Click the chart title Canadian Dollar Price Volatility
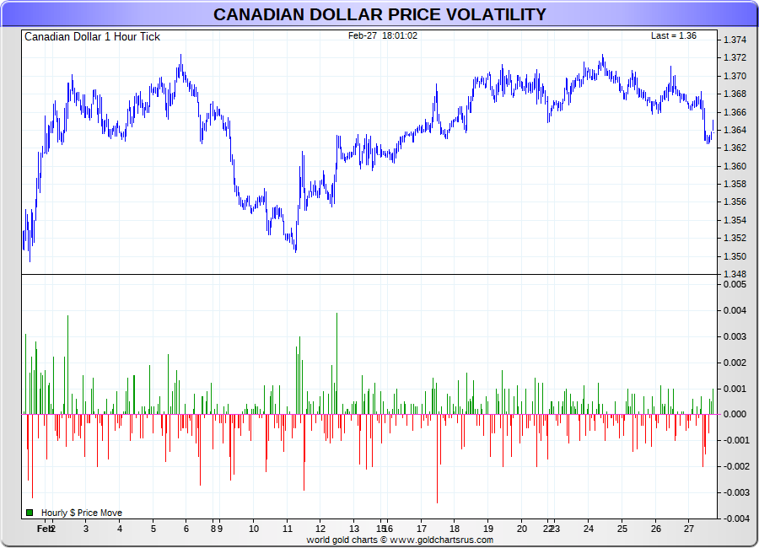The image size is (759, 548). tap(379, 14)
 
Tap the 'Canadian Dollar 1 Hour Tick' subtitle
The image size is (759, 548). tap(92, 37)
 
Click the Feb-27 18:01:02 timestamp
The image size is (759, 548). tap(383, 35)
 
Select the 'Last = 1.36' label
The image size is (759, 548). tap(673, 35)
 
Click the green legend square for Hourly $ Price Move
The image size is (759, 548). tap(30, 513)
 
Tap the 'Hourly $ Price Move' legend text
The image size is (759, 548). tap(82, 513)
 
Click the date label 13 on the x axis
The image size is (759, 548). tap(354, 529)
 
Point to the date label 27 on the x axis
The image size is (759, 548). tap(689, 529)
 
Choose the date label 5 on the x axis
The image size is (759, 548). tap(153, 529)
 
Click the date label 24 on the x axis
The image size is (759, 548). tap(588, 529)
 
